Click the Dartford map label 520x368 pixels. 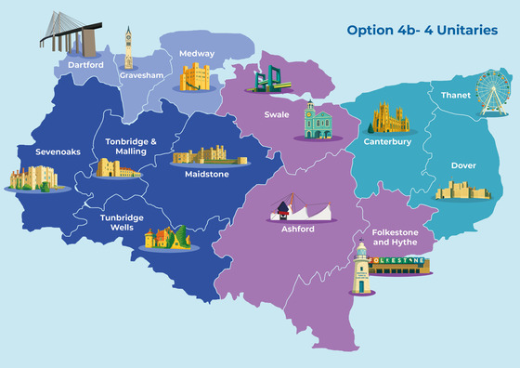[x=85, y=65]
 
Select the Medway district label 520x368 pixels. [x=197, y=53]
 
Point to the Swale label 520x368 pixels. [x=277, y=117]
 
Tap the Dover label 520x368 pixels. [x=463, y=165]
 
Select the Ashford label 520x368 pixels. [x=297, y=229]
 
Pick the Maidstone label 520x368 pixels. [x=206, y=173]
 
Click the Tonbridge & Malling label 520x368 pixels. [x=131, y=146]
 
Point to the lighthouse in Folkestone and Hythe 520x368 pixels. [x=360, y=267]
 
